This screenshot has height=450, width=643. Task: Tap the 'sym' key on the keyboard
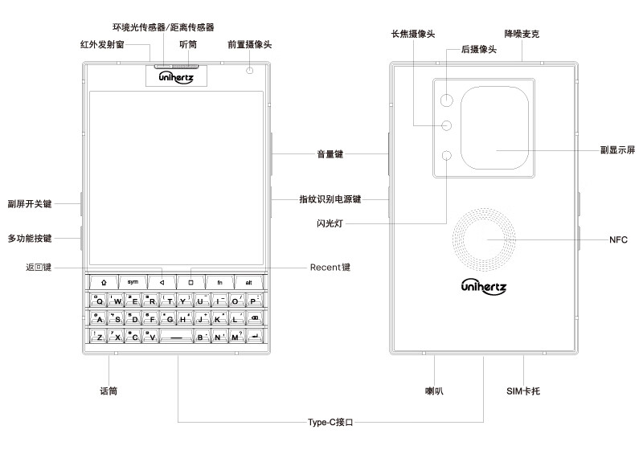pos(133,282)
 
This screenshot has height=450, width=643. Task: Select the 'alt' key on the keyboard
pos(248,282)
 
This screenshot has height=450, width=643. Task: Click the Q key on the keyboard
pos(99,301)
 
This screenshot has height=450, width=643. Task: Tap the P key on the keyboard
pos(254,301)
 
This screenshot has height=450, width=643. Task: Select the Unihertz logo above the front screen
pos(174,76)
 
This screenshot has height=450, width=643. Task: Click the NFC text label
pos(618,240)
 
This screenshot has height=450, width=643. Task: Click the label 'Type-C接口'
pos(330,421)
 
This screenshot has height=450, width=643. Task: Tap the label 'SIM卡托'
pos(524,391)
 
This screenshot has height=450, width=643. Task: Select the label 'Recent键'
pos(330,267)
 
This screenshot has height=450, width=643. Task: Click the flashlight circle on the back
pos(447,156)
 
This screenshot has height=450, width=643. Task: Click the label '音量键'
pos(330,153)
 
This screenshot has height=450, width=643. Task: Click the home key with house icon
pos(104,282)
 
